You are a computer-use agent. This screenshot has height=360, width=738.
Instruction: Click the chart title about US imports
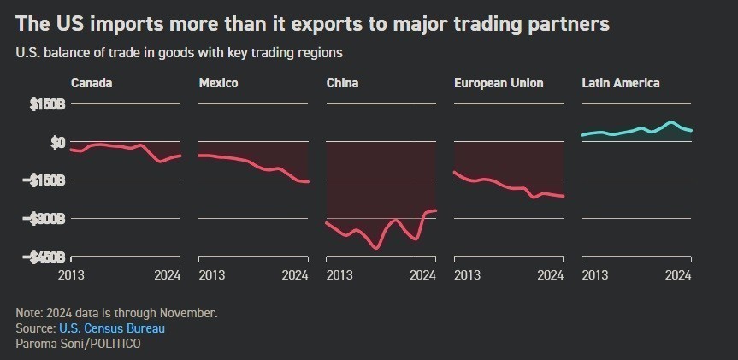point(312,24)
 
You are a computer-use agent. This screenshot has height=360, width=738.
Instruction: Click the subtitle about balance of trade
point(179,53)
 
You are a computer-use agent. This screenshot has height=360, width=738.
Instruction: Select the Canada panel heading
point(92,83)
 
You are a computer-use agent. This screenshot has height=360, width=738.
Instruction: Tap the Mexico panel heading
point(218,83)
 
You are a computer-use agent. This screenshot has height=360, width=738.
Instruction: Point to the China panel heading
point(342,83)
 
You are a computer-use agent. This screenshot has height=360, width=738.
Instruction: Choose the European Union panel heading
point(499,83)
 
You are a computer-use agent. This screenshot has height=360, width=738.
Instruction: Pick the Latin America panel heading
point(620,83)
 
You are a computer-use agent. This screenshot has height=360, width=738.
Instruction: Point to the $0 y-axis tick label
point(56,142)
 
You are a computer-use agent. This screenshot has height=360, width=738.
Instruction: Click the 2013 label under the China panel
point(340,275)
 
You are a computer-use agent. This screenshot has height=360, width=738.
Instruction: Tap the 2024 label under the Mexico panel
point(295,275)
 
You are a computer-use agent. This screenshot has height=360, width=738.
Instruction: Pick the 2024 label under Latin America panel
point(678,275)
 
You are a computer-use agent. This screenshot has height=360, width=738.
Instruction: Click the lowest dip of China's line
point(376,248)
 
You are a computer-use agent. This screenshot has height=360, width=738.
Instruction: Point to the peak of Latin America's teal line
point(670,123)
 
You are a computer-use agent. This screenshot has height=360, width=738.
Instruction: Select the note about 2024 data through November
point(117,313)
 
